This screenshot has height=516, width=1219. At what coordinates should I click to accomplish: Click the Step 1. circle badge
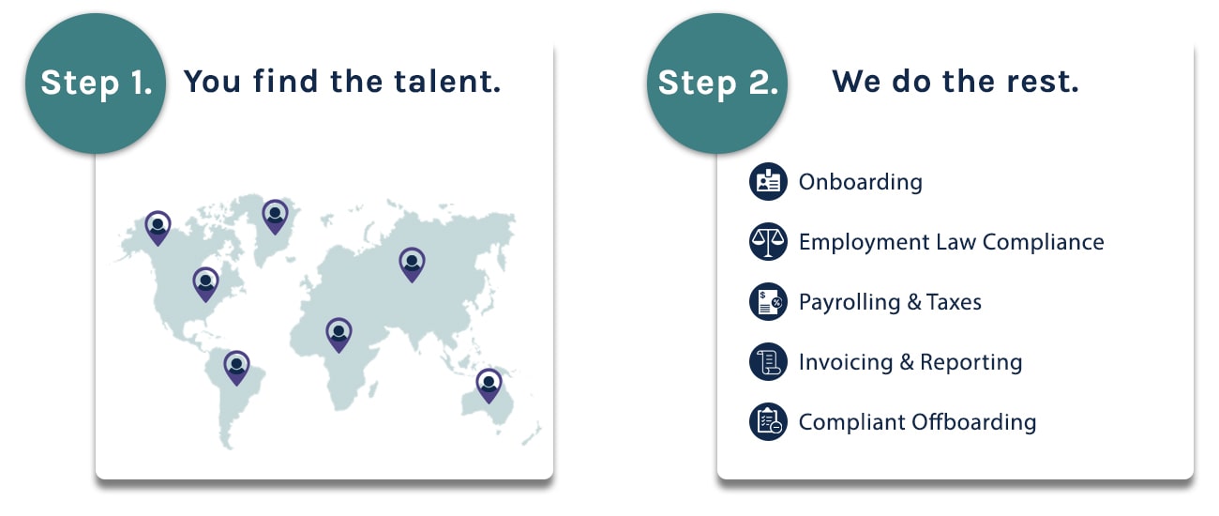[96, 83]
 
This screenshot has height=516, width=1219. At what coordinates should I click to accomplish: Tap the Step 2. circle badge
[717, 83]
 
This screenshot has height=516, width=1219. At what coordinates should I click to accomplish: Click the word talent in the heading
[446, 82]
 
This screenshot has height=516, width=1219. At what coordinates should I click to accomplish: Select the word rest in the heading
[1043, 82]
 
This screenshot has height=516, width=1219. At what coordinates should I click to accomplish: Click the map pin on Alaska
[158, 228]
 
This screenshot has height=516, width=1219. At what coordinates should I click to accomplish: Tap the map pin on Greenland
[276, 217]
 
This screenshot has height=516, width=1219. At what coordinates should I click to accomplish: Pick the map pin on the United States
[205, 284]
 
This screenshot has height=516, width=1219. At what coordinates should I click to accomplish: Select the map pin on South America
[236, 368]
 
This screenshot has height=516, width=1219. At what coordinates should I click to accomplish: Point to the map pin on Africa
[339, 335]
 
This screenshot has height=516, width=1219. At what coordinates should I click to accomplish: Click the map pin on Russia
[412, 265]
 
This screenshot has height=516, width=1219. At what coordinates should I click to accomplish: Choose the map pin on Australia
[489, 386]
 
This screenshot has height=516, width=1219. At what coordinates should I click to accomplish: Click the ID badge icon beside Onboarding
[768, 181]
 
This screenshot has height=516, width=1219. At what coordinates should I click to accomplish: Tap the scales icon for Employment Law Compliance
[768, 241]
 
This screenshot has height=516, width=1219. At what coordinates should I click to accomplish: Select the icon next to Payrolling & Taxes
[768, 301]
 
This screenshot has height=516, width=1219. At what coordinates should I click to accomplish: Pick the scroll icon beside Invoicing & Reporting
[768, 361]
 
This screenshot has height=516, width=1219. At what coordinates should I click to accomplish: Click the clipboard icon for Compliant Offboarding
[768, 421]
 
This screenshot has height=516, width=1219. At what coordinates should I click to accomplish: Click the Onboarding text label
[861, 182]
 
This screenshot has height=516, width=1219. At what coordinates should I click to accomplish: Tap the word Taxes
[954, 301]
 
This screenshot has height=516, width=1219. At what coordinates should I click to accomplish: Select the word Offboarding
[974, 422]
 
